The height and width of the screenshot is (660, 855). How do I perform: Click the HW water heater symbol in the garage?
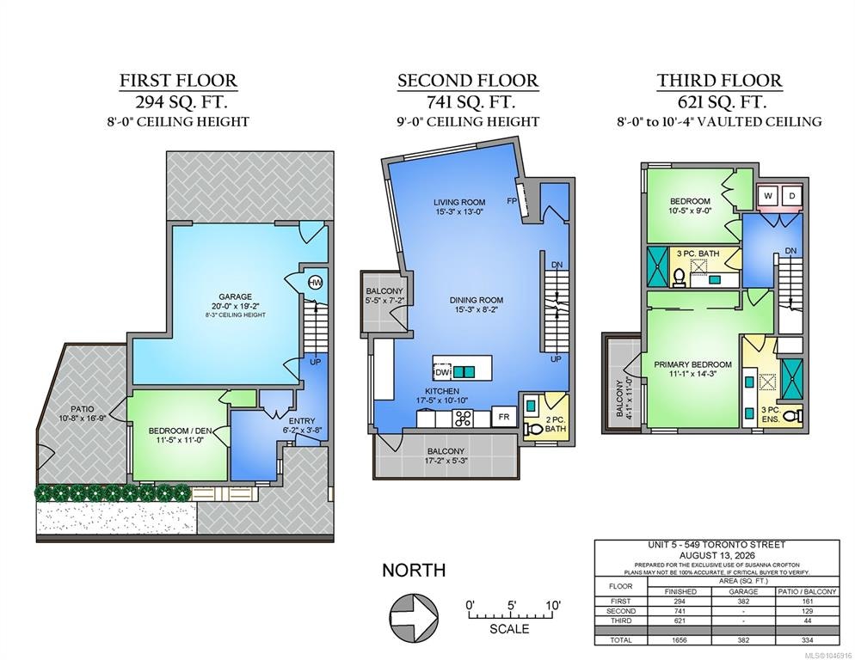tap(315, 283)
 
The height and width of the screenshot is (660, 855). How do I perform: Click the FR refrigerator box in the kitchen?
tap(504, 417)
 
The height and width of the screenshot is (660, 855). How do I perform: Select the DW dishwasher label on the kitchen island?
tap(441, 372)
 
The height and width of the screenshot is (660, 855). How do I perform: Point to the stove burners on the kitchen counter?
tap(463, 419)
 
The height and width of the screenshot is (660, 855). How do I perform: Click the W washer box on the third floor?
tap(768, 196)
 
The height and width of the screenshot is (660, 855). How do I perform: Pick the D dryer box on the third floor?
tap(791, 196)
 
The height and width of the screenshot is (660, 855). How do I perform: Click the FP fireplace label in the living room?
tap(512, 201)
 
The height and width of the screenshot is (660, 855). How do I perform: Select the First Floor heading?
tap(178, 81)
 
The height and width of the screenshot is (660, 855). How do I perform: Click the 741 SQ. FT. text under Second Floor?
tap(467, 101)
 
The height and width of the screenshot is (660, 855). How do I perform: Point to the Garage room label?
tap(235, 296)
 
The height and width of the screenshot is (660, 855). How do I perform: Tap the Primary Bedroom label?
tap(692, 364)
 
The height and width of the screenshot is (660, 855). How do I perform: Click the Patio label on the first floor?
tap(82, 409)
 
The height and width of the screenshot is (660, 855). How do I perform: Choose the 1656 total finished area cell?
tap(680, 640)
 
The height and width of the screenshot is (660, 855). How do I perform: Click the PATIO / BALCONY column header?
tap(808, 591)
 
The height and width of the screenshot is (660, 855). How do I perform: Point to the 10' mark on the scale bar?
tap(552, 606)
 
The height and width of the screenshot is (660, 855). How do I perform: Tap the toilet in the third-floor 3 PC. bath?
tap(680, 278)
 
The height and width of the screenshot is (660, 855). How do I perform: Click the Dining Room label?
tap(476, 300)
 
